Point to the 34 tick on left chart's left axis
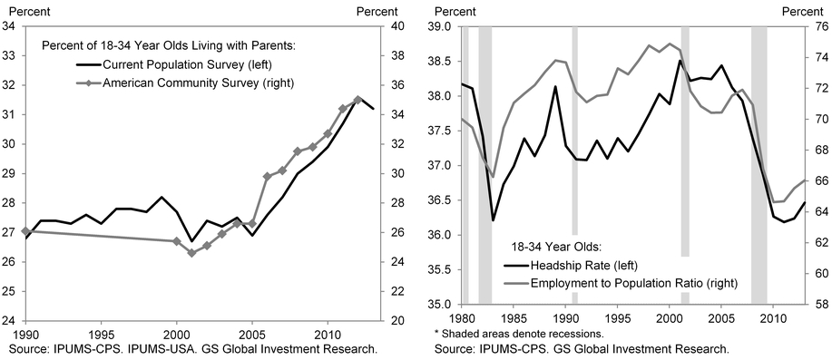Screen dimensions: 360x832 (x=8, y=26)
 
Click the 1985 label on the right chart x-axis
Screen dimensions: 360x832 (x=514, y=319)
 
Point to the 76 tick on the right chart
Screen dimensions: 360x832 (x=816, y=26)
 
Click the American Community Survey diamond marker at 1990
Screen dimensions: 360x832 (x=24, y=231)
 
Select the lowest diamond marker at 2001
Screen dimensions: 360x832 (x=191, y=253)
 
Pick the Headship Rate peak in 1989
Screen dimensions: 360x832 (x=555, y=87)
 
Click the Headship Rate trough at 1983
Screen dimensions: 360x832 (x=493, y=220)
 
